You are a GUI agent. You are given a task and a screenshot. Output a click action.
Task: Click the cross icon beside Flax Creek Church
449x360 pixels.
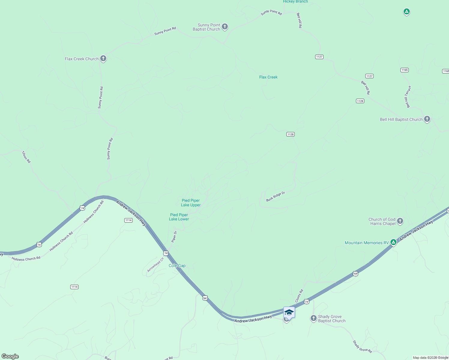(103, 58)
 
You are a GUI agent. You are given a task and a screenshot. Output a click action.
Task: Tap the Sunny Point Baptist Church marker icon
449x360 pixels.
(224, 27)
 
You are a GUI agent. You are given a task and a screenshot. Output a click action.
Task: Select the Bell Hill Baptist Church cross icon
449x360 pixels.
(427, 119)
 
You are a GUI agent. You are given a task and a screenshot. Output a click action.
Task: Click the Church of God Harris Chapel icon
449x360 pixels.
(400, 221)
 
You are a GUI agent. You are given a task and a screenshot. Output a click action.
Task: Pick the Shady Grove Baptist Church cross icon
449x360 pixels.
(313, 318)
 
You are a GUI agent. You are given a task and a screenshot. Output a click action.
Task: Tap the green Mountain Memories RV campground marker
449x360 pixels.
(393, 242)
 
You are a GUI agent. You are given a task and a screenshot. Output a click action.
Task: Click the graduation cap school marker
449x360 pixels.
(289, 312)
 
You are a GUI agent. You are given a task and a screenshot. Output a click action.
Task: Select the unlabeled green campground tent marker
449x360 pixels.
(406, 12)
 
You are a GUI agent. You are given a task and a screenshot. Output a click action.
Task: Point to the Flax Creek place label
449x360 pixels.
(268, 77)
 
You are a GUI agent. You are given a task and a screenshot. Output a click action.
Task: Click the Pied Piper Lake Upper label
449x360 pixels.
(191, 203)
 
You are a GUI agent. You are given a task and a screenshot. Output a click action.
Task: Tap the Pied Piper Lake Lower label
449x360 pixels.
(179, 217)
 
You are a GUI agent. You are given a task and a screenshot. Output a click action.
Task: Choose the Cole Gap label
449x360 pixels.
(177, 265)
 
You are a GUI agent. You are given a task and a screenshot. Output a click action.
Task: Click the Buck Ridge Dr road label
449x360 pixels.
(275, 196)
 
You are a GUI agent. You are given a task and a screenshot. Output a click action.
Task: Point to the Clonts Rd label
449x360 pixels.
(299, 296)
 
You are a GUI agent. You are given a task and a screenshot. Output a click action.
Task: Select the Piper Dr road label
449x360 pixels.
(174, 236)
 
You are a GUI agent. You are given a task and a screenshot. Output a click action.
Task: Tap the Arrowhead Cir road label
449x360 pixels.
(155, 265)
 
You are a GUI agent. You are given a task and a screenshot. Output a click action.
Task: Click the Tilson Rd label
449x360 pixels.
(26, 157)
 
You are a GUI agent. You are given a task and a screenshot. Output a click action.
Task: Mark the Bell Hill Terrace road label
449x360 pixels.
(408, 97)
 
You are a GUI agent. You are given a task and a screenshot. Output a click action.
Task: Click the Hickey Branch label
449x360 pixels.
(295, 1)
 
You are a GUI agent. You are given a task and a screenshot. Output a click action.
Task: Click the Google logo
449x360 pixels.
(10, 356)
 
